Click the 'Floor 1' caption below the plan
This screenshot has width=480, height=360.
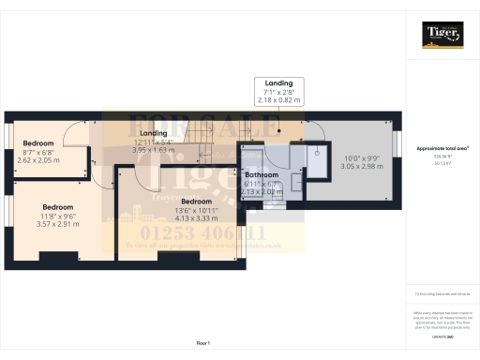click(x=202, y=343)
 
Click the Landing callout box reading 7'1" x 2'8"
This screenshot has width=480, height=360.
click(x=278, y=90)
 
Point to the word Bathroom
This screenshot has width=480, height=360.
click(x=262, y=175)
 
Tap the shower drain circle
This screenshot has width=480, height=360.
click(x=319, y=153)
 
